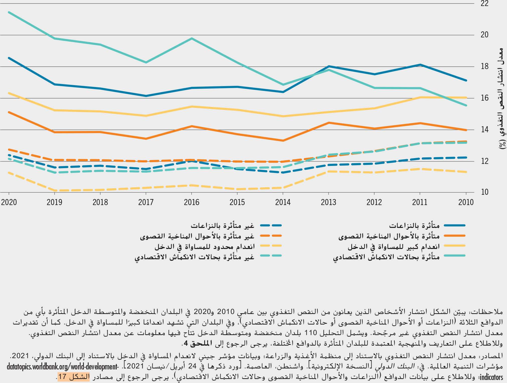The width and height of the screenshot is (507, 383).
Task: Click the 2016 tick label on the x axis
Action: pyautogui.click(x=191, y=202)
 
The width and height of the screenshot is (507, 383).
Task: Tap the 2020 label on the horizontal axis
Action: pyautogui.click(x=9, y=202)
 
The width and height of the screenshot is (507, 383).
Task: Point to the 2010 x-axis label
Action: pyautogui.click(x=466, y=202)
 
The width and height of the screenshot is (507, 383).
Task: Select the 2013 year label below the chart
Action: pyautogui.click(x=328, y=202)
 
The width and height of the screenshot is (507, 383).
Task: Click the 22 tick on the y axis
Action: pyautogui.click(x=484, y=4)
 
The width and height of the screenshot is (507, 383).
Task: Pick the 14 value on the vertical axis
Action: pyautogui.click(x=484, y=130)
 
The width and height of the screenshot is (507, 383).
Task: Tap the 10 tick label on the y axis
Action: pyautogui.click(x=484, y=192)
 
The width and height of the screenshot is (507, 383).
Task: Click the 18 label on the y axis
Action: pyautogui.click(x=484, y=67)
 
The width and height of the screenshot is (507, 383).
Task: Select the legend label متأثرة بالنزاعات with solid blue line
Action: pyautogui.click(x=414, y=226)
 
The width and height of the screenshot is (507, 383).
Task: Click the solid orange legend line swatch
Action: pyautogui.click(x=454, y=236)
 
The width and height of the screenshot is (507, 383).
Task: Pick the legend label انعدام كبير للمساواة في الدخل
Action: pyautogui.click(x=393, y=247)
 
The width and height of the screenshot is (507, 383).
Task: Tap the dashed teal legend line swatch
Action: pyautogui.click(x=271, y=256)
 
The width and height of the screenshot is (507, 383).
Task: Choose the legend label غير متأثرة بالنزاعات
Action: pyautogui.click(x=222, y=226)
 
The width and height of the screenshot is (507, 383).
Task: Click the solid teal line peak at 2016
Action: pyautogui.click(x=192, y=38)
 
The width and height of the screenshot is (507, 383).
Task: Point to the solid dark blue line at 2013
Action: pyautogui.click(x=329, y=66)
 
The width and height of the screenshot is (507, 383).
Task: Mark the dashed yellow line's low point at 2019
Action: pyautogui.click(x=55, y=190)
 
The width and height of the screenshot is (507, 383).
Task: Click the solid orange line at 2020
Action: pyautogui.click(x=9, y=112)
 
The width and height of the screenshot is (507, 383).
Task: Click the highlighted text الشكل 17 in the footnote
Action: pyautogui.click(x=74, y=377)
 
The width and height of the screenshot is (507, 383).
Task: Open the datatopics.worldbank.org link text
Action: pyautogui.click(x=62, y=367)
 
